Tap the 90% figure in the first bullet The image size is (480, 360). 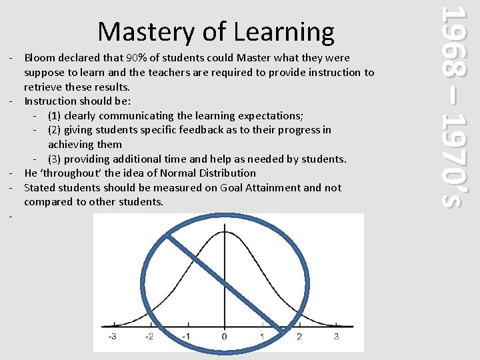[138, 58]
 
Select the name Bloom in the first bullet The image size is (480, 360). [39, 58]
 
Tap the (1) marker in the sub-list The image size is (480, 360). [55, 115]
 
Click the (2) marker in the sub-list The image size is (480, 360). [55, 130]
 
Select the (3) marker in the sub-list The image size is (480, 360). [55, 159]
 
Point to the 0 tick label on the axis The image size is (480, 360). [225, 336]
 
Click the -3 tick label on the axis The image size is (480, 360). [112, 336]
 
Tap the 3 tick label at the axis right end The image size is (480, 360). [336, 336]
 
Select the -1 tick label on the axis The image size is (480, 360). [187, 336]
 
